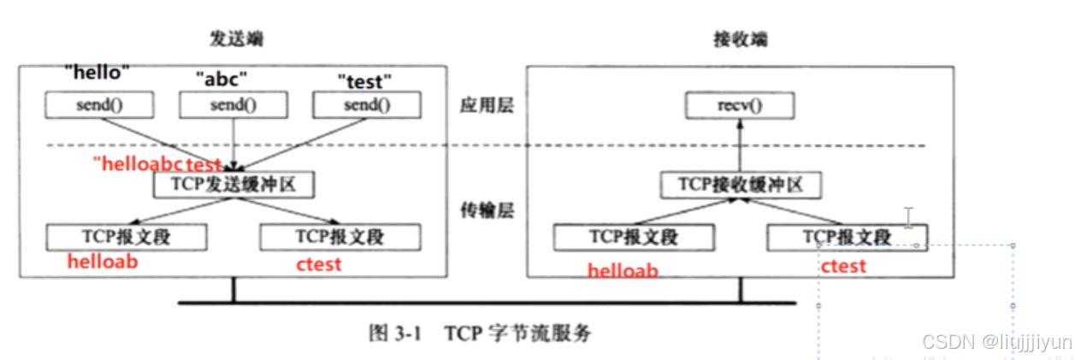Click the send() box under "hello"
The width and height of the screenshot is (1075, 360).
[x=99, y=105]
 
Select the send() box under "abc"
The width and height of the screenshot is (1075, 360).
[x=233, y=105]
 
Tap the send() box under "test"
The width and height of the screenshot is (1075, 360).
[x=365, y=105]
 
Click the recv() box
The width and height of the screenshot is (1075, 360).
[x=741, y=106]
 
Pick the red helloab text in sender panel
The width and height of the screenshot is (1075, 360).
[x=103, y=262]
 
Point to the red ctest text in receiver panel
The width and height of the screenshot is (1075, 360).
[x=843, y=266]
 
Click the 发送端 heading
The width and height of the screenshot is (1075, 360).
[x=233, y=39]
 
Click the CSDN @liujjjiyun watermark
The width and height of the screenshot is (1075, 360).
[x=996, y=342]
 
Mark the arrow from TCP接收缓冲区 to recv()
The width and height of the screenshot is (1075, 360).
[x=741, y=145]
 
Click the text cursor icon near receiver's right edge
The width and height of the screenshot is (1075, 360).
[x=908, y=217]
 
